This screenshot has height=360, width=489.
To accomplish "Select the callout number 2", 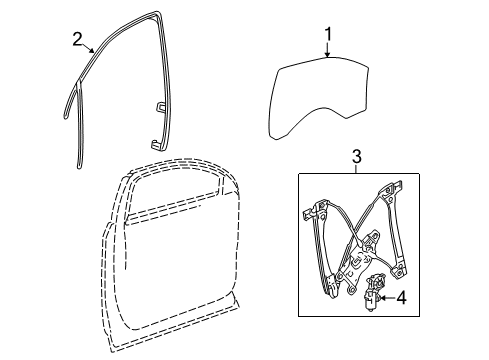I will [x=77, y=39].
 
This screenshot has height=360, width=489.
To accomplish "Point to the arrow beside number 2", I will [x=91, y=47].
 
